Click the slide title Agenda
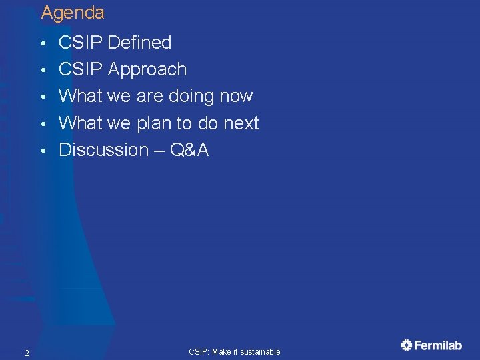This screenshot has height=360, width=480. pyautogui.click(x=73, y=13)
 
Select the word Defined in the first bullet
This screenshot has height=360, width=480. pyautogui.click(x=139, y=43)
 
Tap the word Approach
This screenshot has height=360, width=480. pyautogui.click(x=147, y=69)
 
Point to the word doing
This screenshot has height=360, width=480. pyautogui.click(x=193, y=97)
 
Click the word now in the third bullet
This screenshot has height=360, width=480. pyautogui.click(x=236, y=97)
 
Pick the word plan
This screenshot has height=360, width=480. pyautogui.click(x=153, y=124)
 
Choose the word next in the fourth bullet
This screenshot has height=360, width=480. pyautogui.click(x=240, y=123)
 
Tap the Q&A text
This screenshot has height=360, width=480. pyautogui.click(x=189, y=150)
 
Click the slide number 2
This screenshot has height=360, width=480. pyautogui.click(x=26, y=353)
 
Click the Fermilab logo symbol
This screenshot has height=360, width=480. pyautogui.click(x=407, y=345)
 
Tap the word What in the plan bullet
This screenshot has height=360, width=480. pyautogui.click(x=80, y=123)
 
